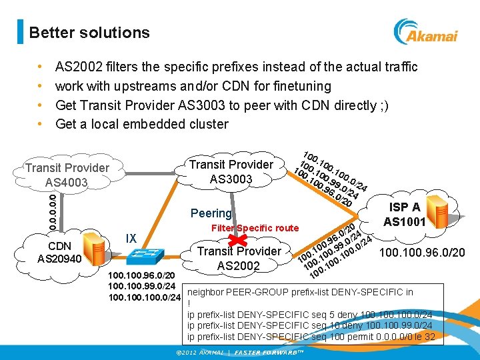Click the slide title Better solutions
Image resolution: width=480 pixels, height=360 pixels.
[x=89, y=33]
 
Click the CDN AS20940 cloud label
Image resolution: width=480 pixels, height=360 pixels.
[x=59, y=252]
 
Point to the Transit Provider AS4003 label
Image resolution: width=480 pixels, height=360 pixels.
[x=67, y=175]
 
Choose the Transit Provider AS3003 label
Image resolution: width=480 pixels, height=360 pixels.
[x=231, y=171]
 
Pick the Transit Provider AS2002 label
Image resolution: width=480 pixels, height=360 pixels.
[x=239, y=258]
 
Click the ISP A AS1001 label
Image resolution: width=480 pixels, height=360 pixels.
[x=405, y=214]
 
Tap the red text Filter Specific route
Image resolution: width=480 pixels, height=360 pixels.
[x=255, y=228]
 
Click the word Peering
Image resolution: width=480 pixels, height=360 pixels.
[x=211, y=213]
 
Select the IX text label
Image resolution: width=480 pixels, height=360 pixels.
[x=131, y=238]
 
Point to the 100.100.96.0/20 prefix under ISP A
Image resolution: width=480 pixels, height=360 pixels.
[x=422, y=253]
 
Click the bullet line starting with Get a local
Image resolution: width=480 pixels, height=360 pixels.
[x=141, y=124]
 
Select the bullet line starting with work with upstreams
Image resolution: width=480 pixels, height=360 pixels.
[x=193, y=86]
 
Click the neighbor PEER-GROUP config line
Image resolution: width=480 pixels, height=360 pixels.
[x=300, y=292]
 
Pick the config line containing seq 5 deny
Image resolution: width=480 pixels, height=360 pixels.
[x=309, y=314]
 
